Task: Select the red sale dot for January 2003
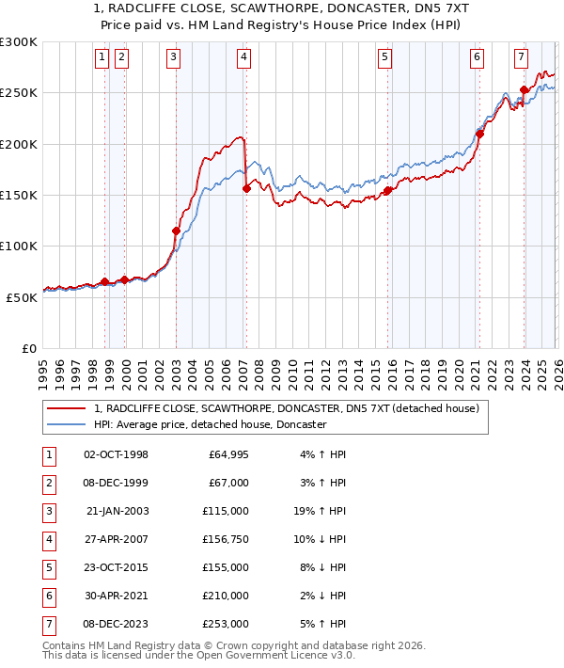176,231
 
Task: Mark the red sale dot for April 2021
478,134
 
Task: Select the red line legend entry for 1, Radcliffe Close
287,408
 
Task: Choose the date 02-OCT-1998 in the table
117,454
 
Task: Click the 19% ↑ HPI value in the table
321,511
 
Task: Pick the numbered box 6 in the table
48,596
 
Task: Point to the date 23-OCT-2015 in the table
117,567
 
